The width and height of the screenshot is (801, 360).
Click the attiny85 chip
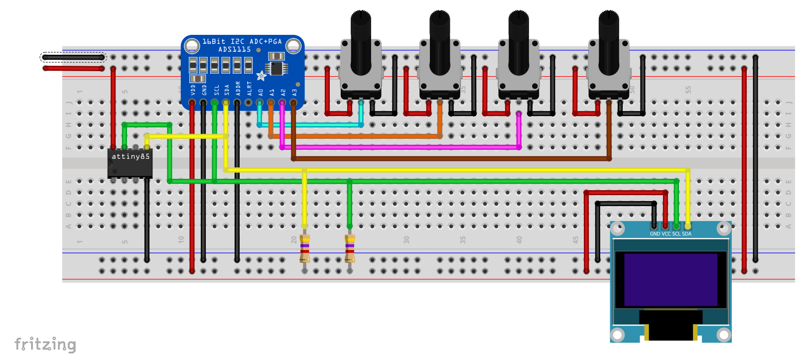130,163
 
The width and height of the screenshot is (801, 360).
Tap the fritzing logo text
45,344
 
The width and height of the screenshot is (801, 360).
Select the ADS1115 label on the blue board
234,49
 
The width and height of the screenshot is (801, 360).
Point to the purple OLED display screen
670,279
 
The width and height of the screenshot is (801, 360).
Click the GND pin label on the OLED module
655,234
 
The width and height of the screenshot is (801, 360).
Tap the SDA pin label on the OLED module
687,234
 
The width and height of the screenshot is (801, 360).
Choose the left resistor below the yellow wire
305,248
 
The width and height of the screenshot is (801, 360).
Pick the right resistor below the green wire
350,248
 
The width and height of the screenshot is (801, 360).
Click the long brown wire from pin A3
448,159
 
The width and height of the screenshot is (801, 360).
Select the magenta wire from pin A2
399,147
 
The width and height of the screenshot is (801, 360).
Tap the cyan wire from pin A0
309,125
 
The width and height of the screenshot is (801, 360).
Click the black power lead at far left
73,57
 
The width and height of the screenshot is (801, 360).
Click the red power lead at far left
73,68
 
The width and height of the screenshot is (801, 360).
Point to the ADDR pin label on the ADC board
238,88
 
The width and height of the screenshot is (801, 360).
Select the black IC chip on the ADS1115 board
276,68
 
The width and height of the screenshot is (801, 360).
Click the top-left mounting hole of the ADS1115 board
192,46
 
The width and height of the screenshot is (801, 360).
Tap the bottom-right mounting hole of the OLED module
724,334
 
